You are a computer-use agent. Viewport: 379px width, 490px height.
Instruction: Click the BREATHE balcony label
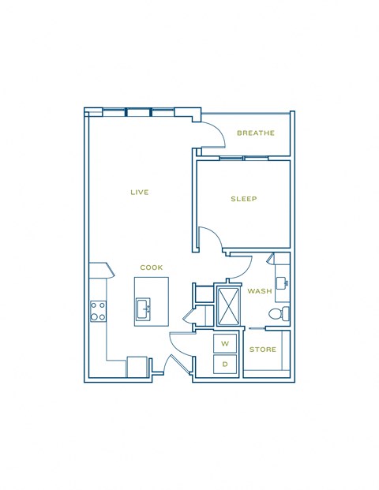[x=256, y=133]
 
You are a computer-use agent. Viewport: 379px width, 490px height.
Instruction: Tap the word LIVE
[x=140, y=192]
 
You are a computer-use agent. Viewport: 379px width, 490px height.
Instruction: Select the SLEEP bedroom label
[x=244, y=199]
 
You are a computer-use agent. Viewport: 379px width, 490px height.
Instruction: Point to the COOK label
[x=152, y=267]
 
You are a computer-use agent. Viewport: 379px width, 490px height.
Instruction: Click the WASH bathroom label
[x=259, y=291]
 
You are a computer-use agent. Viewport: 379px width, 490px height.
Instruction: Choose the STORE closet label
[x=262, y=348]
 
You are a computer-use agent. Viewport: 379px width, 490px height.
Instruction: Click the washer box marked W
[x=224, y=343]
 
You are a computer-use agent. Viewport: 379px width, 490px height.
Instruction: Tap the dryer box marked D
[x=224, y=364]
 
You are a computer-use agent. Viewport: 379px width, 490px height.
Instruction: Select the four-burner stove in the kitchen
[x=99, y=311]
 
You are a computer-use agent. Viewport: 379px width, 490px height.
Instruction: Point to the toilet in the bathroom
[x=277, y=314]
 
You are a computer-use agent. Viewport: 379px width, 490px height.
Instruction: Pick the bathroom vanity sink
[x=281, y=282]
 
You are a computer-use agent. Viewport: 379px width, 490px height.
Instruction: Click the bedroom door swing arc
[x=207, y=239]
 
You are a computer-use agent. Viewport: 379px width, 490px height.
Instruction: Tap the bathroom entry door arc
[x=240, y=267]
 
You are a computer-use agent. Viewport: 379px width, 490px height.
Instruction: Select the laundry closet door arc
[x=182, y=343]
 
